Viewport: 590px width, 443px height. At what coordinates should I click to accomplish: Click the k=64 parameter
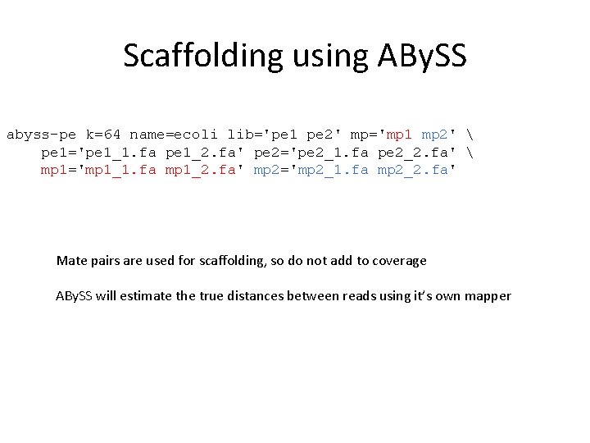[103, 134]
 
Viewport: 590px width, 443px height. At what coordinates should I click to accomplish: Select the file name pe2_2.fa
[411, 152]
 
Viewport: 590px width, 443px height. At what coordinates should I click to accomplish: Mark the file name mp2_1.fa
[340, 170]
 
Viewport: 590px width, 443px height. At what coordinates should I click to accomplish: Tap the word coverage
[399, 261]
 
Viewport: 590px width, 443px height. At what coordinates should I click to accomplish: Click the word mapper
[488, 295]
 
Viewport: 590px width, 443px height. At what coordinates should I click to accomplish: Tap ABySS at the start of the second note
[74, 295]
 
